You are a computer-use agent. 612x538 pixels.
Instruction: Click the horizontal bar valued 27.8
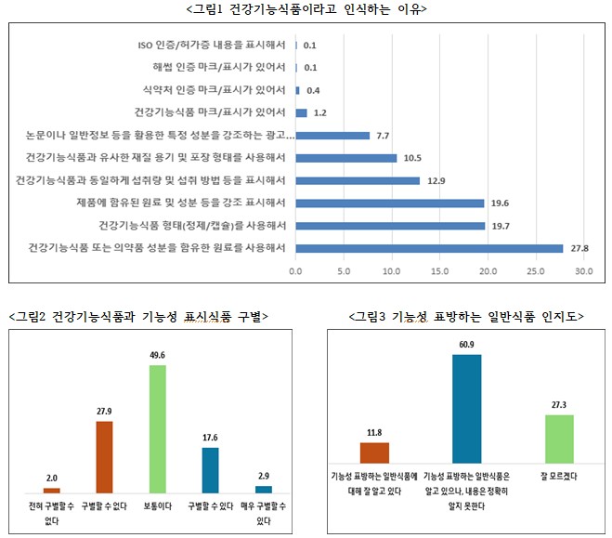(429, 248)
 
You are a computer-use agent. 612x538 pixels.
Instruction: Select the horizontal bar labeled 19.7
(390, 225)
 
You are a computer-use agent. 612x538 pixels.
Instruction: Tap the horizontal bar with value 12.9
(358, 180)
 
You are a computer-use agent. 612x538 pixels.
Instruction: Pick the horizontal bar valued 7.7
(332, 136)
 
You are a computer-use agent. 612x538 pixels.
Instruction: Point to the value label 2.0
(51, 479)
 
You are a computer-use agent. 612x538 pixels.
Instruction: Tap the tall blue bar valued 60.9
(466, 409)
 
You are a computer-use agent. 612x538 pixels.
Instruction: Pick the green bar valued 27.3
(559, 439)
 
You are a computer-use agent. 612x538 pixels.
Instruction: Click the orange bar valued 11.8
(373, 453)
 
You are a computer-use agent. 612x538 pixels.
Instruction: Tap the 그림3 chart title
(466, 316)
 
